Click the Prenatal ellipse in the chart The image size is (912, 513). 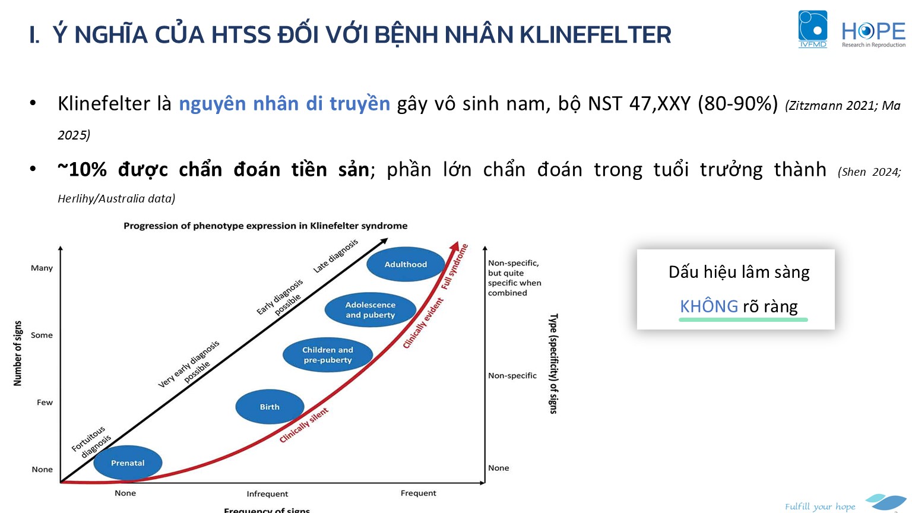pos(128,463)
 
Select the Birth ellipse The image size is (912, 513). pos(270,407)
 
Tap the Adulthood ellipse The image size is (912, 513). pos(406,264)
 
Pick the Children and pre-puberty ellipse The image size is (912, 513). pos(327,354)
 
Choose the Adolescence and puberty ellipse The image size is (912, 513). pos(370,310)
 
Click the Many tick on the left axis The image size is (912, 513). pos(42,268)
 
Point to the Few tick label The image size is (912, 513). pos(45,402)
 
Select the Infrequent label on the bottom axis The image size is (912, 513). pos(267,494)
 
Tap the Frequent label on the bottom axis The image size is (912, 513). pos(418,493)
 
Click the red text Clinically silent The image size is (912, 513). pos(304,425)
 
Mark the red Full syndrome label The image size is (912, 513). pos(455,267)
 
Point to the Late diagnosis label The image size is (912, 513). pos(335,256)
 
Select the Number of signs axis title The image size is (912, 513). pos(17,353)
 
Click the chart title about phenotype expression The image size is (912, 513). pos(265,226)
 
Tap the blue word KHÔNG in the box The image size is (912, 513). pos(709,306)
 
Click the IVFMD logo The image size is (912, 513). pos(813,29)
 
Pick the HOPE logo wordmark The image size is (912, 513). pos(873,34)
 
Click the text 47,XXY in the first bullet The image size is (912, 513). pos(660,104)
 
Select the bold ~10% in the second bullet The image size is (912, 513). pos(83,169)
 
